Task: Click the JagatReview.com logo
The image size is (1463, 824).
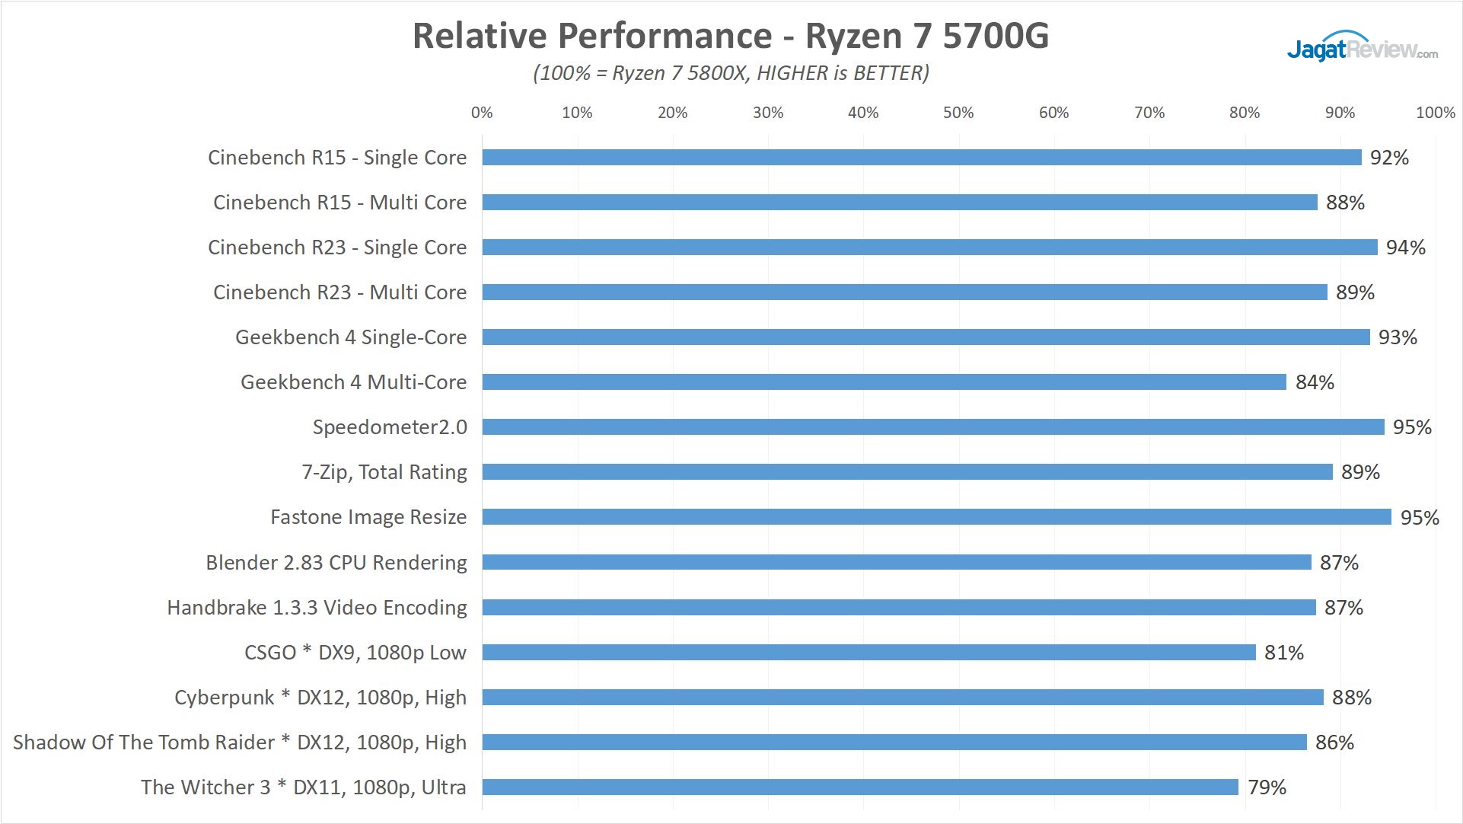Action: pyautogui.click(x=1362, y=47)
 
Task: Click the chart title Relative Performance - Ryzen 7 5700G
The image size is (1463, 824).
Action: pyautogui.click(x=731, y=36)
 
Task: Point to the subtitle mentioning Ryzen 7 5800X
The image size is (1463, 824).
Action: pyautogui.click(x=731, y=73)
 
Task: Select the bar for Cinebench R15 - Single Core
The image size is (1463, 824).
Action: pyautogui.click(x=921, y=158)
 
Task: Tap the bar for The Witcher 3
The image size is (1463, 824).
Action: pyautogui.click(x=860, y=787)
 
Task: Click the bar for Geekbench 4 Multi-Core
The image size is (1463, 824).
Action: pyautogui.click(x=883, y=382)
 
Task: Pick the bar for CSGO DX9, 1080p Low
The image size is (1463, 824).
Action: pyautogui.click(x=869, y=653)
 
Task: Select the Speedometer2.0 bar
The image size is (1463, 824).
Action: pyautogui.click(x=932, y=427)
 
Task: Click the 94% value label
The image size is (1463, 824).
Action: pyautogui.click(x=1405, y=248)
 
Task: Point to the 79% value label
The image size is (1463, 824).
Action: pyautogui.click(x=1267, y=787)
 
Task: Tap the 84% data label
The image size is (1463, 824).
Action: pyautogui.click(x=1315, y=382)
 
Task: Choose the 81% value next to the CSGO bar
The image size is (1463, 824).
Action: pyautogui.click(x=1284, y=653)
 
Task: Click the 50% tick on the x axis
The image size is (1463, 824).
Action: pyautogui.click(x=958, y=113)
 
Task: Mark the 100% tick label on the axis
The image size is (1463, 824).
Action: pyautogui.click(x=1435, y=113)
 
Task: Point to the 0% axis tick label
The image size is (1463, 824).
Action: pyautogui.click(x=482, y=113)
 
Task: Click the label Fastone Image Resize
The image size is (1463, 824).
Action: pyautogui.click(x=368, y=517)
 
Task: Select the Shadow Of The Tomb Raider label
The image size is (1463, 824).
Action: pyautogui.click(x=240, y=743)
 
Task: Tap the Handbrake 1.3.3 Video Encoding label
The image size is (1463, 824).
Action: pyautogui.click(x=317, y=608)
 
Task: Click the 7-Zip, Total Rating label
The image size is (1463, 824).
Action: pyautogui.click(x=384, y=472)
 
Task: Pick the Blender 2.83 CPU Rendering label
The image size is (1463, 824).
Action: pyautogui.click(x=336, y=563)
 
